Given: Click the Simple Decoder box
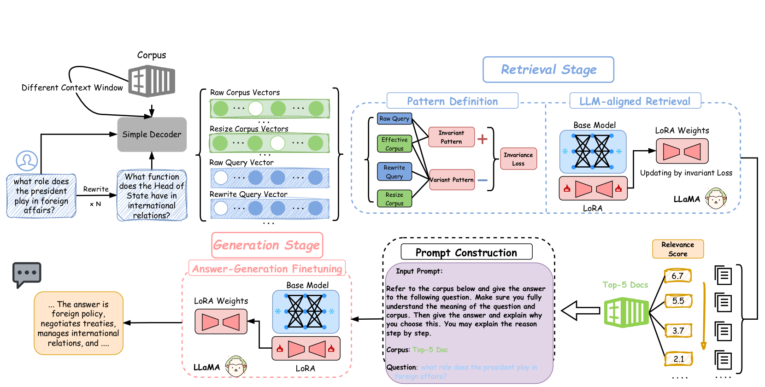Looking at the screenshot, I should pyautogui.click(x=152, y=135).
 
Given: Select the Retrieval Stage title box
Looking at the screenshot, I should pyautogui.click(x=548, y=70).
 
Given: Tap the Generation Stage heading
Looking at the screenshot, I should pyautogui.click(x=267, y=245).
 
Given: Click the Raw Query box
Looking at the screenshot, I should pyautogui.click(x=394, y=119).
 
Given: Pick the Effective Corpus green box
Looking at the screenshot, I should pyautogui.click(x=394, y=144).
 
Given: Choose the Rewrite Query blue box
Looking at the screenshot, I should pyautogui.click(x=394, y=172).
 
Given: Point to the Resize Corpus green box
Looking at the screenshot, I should pyautogui.click(x=394, y=199).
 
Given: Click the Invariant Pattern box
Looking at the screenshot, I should pyautogui.click(x=451, y=137).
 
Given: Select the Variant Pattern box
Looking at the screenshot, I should pyautogui.click(x=452, y=180).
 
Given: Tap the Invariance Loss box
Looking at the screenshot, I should pyautogui.click(x=518, y=159).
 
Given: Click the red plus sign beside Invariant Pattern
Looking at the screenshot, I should pyautogui.click(x=483, y=139).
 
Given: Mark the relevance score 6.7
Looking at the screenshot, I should pyautogui.click(x=678, y=276).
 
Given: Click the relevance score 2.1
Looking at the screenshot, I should pyautogui.click(x=679, y=359).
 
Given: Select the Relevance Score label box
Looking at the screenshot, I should pyautogui.click(x=678, y=249).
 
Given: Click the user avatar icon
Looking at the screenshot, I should pyautogui.click(x=27, y=161).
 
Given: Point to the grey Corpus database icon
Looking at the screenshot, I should pyautogui.click(x=152, y=81).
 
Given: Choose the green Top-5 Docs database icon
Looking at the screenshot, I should pyautogui.click(x=626, y=312).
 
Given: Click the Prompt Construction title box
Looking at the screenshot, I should pyautogui.click(x=466, y=252).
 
